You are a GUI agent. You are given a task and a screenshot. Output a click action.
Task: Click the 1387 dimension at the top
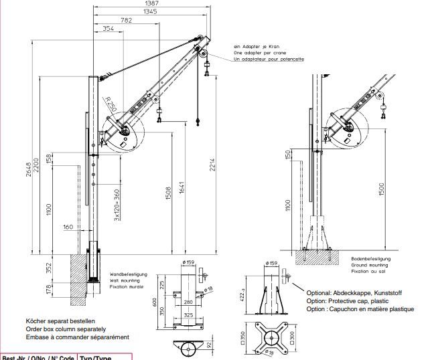(x=151, y=4)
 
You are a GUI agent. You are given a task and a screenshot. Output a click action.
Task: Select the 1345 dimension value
(x=151, y=12)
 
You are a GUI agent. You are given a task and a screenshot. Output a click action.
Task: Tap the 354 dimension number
(x=108, y=29)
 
